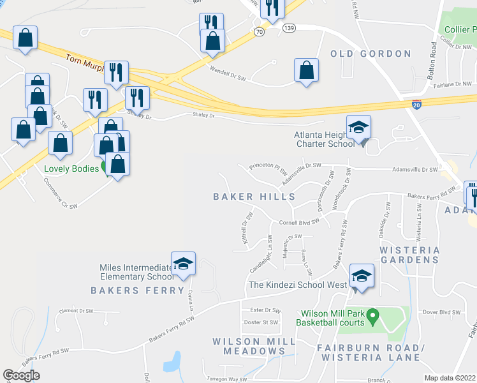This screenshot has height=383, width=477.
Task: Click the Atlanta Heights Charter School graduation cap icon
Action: tap(358, 128)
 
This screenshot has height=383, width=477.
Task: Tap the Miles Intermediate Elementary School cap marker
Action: tap(183, 264)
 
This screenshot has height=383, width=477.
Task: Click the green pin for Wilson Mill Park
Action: tap(374, 315)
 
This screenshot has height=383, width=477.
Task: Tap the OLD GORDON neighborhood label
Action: tap(371, 54)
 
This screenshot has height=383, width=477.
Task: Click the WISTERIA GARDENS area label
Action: tap(410, 255)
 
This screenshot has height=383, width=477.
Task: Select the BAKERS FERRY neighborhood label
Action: tap(137, 291)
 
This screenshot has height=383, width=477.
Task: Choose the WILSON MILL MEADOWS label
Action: tap(254, 346)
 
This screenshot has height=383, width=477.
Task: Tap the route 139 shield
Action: tap(289, 28)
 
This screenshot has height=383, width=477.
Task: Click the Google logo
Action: tap(21, 375)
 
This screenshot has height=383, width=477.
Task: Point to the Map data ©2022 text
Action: tap(450, 377)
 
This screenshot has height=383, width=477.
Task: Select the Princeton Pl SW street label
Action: tap(268, 169)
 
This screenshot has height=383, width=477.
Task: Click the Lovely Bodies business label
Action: tap(71, 169)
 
